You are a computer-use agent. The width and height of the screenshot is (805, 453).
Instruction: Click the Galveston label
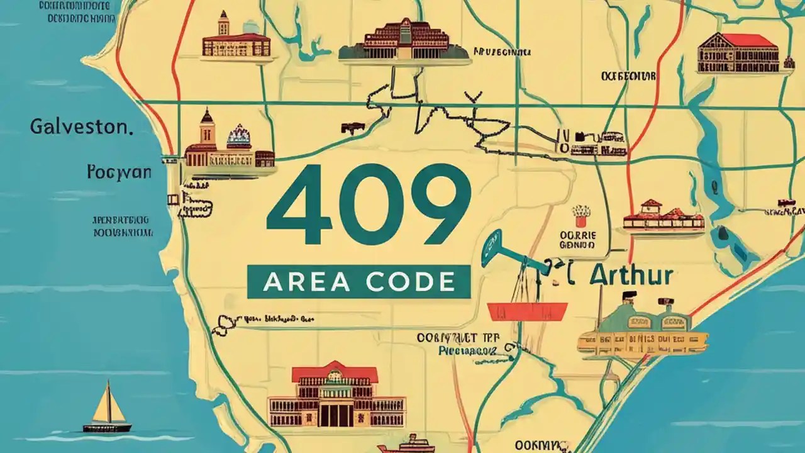pos(81,127)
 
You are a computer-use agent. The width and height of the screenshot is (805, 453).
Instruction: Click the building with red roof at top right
pos(738,53)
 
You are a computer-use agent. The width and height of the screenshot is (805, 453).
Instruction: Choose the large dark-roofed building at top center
pos(404,42)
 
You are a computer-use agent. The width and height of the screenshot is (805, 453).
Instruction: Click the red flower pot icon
pos(581,216)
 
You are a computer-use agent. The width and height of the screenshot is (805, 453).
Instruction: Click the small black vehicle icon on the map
pos(352,128)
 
